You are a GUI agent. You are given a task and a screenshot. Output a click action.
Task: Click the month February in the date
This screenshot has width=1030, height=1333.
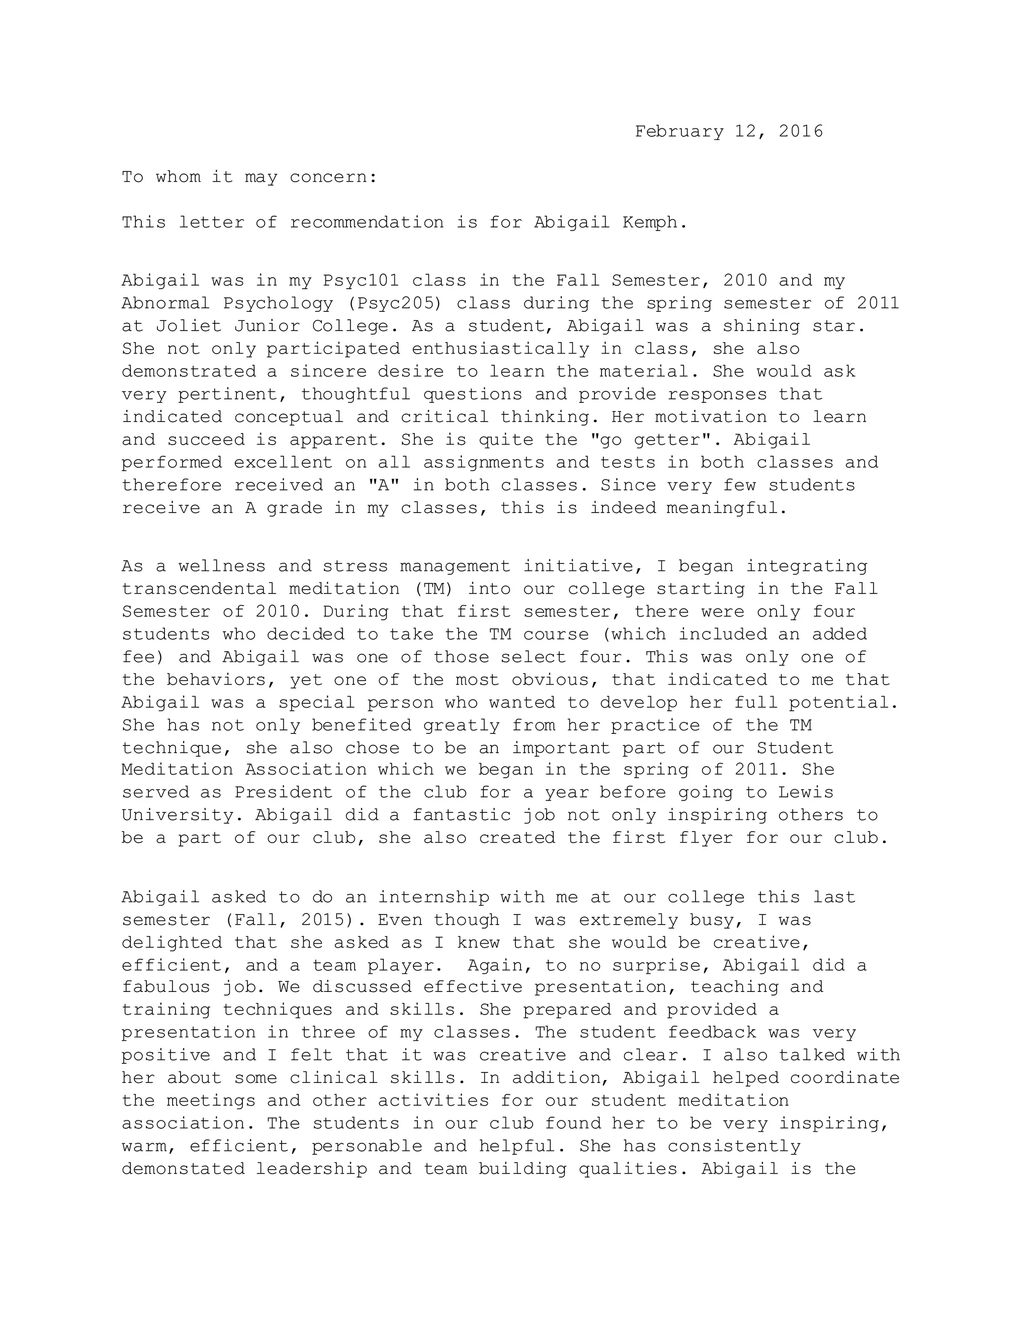point(678,131)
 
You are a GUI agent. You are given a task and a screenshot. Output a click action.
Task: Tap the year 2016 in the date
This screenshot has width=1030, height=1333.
point(801,131)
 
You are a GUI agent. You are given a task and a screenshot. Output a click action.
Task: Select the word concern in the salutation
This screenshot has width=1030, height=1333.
point(332,177)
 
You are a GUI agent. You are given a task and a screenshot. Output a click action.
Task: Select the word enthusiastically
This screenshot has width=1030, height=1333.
point(500,349)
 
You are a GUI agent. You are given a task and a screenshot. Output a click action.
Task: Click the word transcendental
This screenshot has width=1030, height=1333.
point(200,589)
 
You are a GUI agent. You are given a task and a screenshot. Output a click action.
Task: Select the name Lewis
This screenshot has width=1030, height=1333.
point(806,793)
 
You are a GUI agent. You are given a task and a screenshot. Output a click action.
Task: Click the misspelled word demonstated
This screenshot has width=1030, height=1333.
point(183,1169)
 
